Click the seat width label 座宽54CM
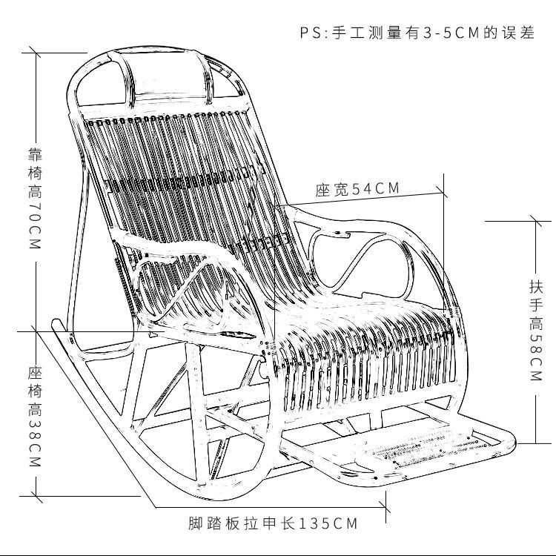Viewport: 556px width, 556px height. (357, 188)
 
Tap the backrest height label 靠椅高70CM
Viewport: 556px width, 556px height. (35, 199)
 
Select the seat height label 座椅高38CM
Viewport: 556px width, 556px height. (35, 417)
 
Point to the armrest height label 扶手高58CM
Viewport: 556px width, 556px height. (536, 331)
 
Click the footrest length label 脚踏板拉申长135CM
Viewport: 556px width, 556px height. (273, 523)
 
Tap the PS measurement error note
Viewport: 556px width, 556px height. (417, 33)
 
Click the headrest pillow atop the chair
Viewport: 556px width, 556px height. (170, 76)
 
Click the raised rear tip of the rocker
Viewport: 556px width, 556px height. (56, 322)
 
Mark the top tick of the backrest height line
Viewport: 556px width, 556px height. (36, 53)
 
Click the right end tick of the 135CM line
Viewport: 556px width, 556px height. (385, 507)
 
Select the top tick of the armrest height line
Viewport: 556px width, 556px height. (535, 222)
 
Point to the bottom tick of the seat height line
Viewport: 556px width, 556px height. (36, 497)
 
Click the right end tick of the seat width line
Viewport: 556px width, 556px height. (443, 193)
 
